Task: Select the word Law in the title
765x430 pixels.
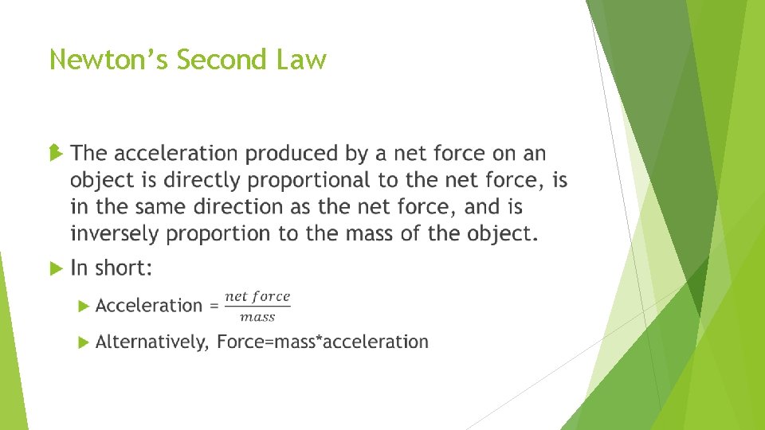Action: pos(304,60)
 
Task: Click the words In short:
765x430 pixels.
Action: pos(111,268)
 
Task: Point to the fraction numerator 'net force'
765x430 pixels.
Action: pos(257,296)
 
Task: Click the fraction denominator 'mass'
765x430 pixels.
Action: pos(257,317)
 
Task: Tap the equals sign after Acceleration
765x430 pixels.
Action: pos(214,306)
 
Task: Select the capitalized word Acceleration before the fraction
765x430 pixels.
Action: pos(149,305)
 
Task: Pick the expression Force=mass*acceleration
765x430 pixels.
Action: pos(323,342)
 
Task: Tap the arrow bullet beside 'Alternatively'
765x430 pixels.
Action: pos(84,342)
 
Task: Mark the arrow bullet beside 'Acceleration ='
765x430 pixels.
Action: pos(84,306)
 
